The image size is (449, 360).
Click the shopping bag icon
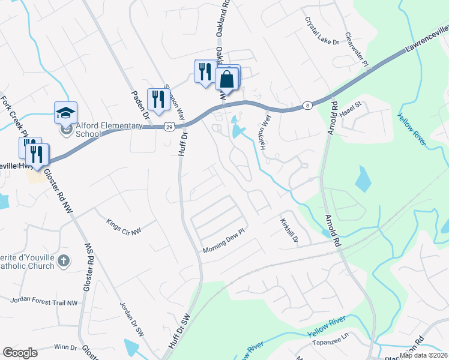pyautogui.click(x=228, y=78)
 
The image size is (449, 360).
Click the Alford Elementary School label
pyautogui.click(x=109, y=130)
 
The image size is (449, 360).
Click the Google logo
pyautogui.click(x=20, y=353)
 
